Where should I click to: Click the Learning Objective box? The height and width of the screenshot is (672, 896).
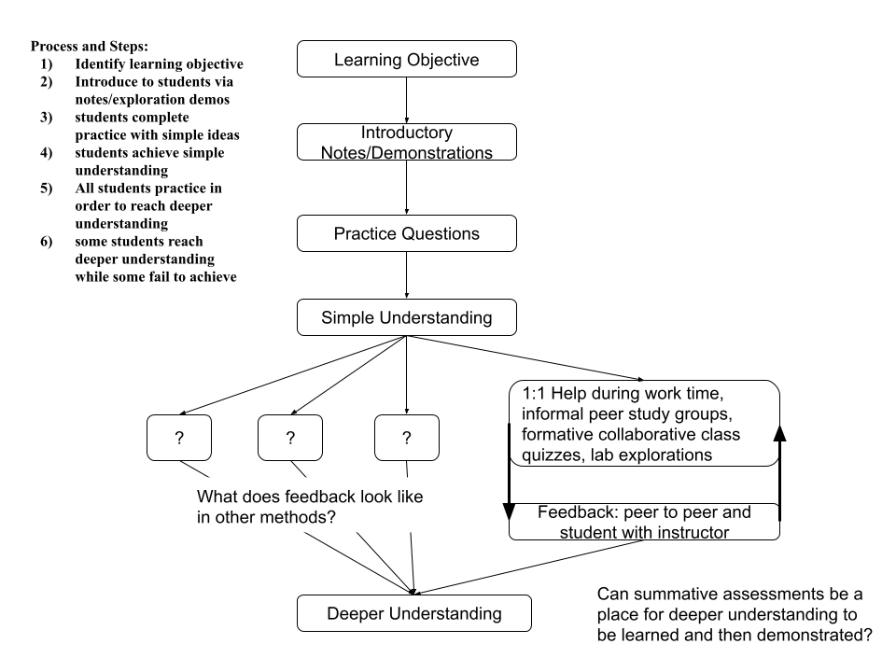[407, 59]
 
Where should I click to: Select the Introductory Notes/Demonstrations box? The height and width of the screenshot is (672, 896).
[407, 142]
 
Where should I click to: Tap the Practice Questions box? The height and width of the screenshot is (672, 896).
[407, 233]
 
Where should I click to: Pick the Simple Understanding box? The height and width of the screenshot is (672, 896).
[407, 317]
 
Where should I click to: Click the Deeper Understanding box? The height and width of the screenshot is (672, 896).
[414, 613]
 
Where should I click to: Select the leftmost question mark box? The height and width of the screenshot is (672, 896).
[179, 438]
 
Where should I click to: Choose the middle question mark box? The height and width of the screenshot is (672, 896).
[290, 438]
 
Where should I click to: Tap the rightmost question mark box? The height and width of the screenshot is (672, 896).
[407, 438]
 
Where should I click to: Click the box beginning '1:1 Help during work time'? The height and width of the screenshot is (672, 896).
[645, 424]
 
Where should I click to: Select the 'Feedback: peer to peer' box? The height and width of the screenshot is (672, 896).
[645, 522]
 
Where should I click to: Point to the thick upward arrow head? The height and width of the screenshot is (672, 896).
[779, 433]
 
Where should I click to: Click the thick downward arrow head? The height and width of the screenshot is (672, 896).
[510, 511]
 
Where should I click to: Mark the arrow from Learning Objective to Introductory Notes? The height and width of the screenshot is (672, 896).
[407, 100]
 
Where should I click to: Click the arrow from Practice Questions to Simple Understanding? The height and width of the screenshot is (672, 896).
[407, 275]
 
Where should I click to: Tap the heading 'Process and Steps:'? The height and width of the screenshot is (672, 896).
[90, 46]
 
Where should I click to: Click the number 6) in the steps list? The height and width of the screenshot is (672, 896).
[47, 241]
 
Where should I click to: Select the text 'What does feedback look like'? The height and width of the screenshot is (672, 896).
[310, 496]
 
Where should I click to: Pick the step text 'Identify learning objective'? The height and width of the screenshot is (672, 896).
[159, 63]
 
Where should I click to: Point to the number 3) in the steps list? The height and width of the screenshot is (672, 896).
[47, 118]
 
